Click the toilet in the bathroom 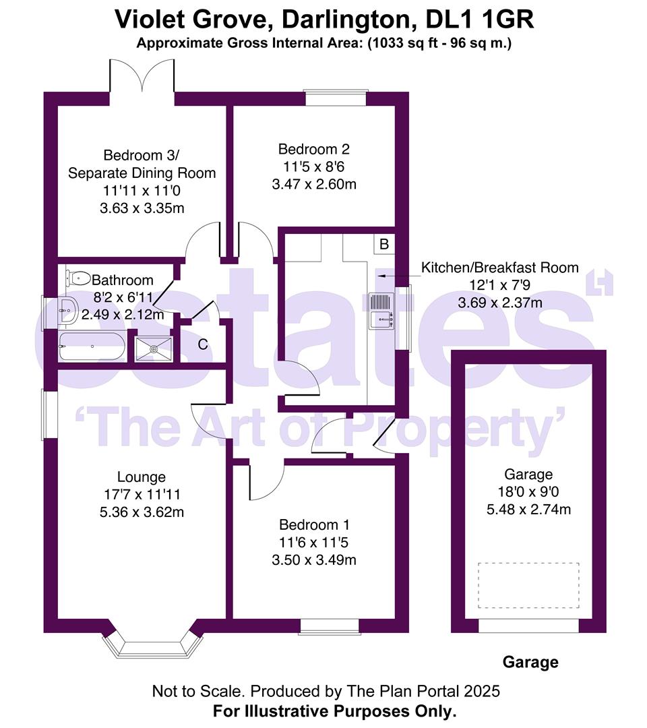point(78,276)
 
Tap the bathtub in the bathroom point(92,346)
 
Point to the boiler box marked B point(384,244)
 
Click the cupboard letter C point(202,345)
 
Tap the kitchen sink point(381,312)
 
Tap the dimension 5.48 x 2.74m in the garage point(528,509)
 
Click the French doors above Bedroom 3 point(142,78)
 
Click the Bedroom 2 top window point(336,97)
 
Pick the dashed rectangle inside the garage point(528,586)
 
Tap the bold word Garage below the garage point(530,662)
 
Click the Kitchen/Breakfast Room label point(499,267)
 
